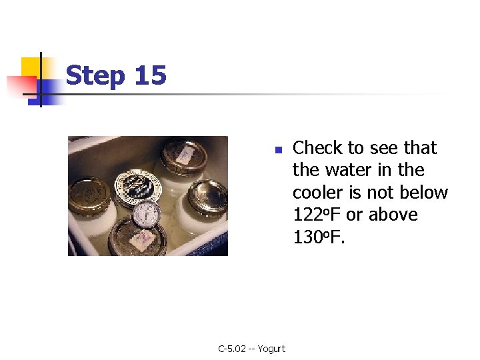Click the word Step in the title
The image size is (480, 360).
click(x=95, y=75)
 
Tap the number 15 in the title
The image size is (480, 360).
click(x=150, y=75)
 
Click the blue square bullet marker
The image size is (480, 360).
click(x=279, y=150)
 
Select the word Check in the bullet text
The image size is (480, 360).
click(x=317, y=147)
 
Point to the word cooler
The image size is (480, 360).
click(x=317, y=192)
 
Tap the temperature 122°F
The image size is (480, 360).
click(x=317, y=214)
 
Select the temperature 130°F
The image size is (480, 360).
click(x=319, y=237)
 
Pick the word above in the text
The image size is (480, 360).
click(x=393, y=214)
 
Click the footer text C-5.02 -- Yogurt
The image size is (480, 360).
click(x=251, y=349)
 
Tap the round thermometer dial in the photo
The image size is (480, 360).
click(x=147, y=214)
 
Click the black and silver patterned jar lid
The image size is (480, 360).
click(x=138, y=187)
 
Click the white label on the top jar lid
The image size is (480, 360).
click(x=184, y=155)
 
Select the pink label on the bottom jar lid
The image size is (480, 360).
click(x=141, y=240)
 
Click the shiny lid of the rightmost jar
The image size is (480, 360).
click(x=207, y=197)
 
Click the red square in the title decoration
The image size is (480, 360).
click(x=22, y=86)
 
